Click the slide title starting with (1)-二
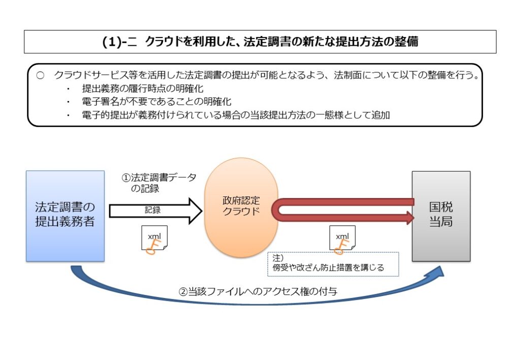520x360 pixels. (x=260, y=42)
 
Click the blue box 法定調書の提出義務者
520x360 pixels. (x=65, y=216)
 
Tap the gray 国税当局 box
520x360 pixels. (x=441, y=216)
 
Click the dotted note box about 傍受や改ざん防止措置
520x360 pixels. (x=333, y=264)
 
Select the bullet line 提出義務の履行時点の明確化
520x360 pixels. (x=142, y=88)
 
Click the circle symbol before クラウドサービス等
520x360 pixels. (x=41, y=75)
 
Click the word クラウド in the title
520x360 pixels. (x=161, y=42)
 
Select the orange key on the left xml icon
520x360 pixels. (x=151, y=247)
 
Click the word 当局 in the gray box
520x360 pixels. (x=441, y=222)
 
